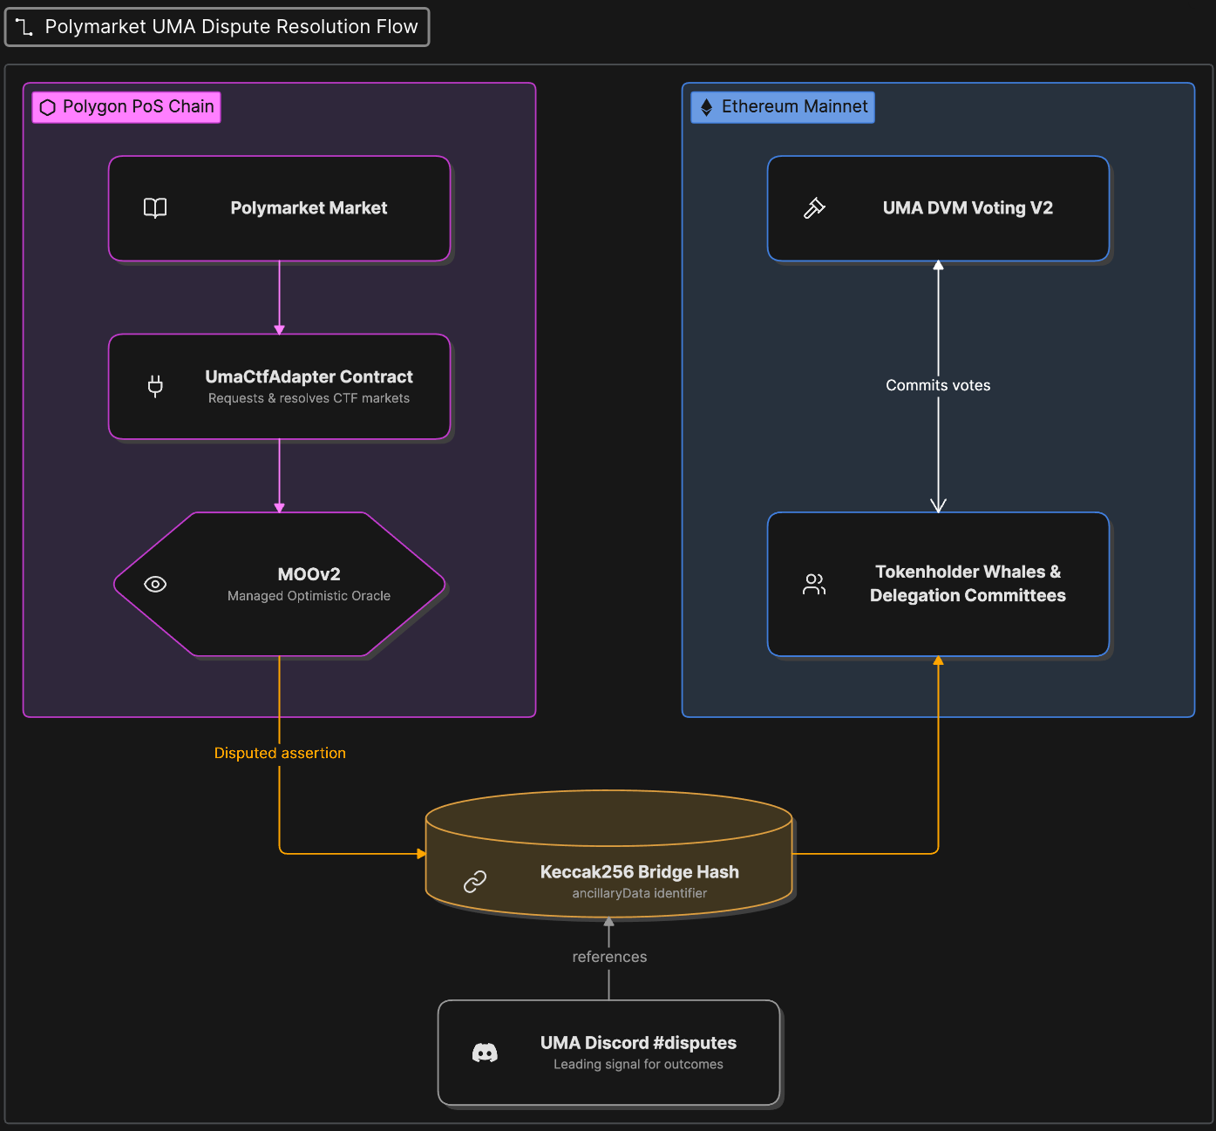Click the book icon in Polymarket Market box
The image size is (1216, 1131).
(x=155, y=208)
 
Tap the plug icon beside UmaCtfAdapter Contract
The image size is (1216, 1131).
(x=155, y=386)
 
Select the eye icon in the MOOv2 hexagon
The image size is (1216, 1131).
(x=155, y=584)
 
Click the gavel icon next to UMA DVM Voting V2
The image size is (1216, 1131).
(x=814, y=208)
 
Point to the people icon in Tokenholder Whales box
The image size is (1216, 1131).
(x=814, y=584)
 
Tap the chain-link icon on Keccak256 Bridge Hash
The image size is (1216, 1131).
(x=475, y=882)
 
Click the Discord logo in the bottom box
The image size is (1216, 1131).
(x=485, y=1053)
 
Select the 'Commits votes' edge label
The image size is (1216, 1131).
(x=938, y=385)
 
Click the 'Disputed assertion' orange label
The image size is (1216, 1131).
(x=280, y=753)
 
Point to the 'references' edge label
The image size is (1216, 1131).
(x=609, y=957)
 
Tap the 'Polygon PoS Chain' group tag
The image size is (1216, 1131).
(x=126, y=107)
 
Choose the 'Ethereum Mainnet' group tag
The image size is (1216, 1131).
(x=783, y=107)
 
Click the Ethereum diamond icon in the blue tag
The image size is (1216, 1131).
(x=707, y=107)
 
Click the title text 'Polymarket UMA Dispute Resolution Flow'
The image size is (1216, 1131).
(x=232, y=27)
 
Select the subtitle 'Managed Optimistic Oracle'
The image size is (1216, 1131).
(x=309, y=596)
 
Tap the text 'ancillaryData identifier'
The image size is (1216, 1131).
(x=639, y=893)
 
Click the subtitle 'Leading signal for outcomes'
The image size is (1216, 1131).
(x=638, y=1064)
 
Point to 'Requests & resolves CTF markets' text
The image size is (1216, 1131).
(x=309, y=398)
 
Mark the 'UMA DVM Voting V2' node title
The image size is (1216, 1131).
(x=968, y=208)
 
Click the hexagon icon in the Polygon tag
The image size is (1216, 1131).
(x=47, y=107)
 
